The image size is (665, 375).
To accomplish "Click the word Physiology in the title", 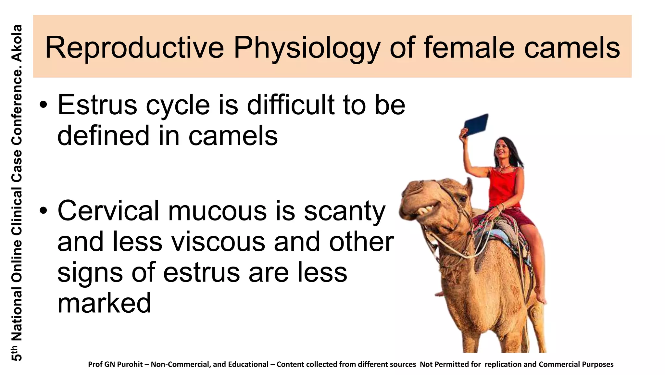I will pyautogui.click(x=307, y=48).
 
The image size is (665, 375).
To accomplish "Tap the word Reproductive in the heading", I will pyautogui.click(x=134, y=48).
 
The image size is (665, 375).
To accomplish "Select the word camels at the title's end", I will pyautogui.click(x=572, y=48).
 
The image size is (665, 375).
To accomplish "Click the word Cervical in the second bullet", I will pyautogui.click(x=108, y=211).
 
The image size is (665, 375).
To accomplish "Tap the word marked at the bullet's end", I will pyautogui.click(x=104, y=303).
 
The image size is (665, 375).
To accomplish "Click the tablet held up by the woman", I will pyautogui.click(x=476, y=124).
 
